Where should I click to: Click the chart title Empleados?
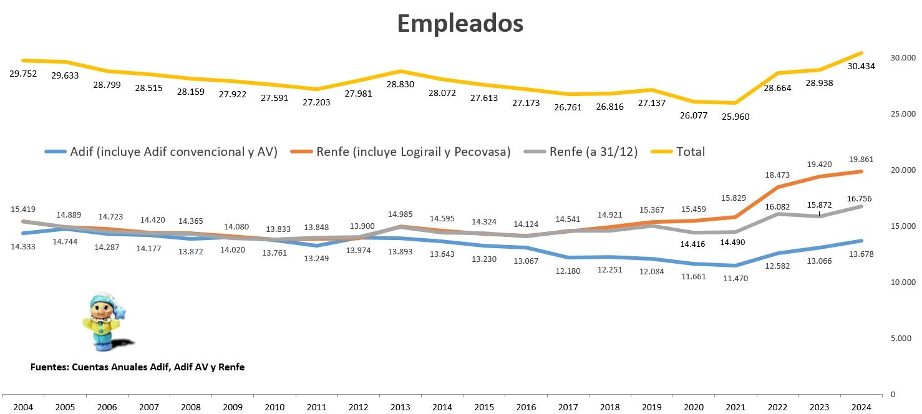point(460,24)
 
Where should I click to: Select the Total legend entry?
point(690,152)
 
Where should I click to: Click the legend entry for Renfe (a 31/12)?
point(593,152)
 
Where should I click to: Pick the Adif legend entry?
point(173,152)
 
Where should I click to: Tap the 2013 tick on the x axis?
point(400,407)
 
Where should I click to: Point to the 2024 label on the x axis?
point(861,407)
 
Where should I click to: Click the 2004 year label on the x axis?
point(24,407)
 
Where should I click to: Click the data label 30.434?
point(861,66)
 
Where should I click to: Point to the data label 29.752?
point(23,74)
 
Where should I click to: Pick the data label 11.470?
point(735,279)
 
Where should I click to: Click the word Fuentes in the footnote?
point(49,367)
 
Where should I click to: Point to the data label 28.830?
point(400,84)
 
